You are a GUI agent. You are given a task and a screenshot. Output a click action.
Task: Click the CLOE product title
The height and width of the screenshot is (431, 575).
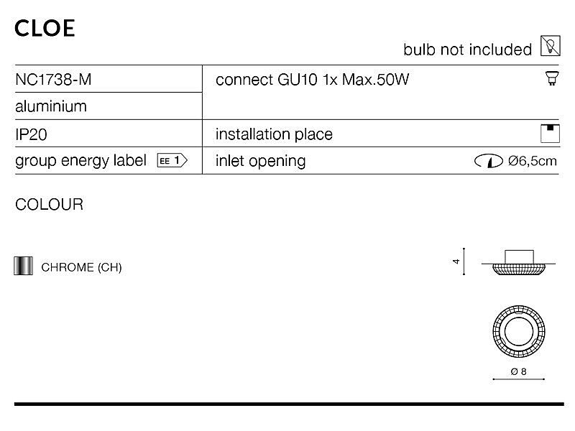click(x=45, y=28)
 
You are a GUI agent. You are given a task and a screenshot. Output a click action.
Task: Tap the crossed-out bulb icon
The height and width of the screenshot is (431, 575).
click(x=551, y=46)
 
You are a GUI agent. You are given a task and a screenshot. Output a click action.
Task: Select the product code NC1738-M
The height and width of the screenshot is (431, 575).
click(x=53, y=80)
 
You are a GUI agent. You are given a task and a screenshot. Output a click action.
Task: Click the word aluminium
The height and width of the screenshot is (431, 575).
click(x=51, y=106)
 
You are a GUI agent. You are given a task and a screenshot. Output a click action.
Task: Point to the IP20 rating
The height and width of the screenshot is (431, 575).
click(x=31, y=134)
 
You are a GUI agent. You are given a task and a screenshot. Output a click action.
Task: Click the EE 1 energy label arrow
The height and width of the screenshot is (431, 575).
click(x=172, y=160)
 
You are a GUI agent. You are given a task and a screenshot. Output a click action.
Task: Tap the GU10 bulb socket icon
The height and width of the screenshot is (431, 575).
click(x=552, y=78)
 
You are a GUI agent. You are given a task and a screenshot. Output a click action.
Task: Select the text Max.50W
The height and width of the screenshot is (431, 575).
click(x=375, y=80)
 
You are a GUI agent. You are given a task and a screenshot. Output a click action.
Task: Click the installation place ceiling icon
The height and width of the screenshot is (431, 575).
click(x=550, y=134)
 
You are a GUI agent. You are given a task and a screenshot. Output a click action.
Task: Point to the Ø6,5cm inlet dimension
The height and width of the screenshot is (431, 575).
click(x=533, y=161)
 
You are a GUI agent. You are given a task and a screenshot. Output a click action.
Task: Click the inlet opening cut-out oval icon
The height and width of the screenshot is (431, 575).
click(x=489, y=161)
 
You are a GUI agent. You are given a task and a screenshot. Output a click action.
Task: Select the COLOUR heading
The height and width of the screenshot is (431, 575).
click(x=49, y=205)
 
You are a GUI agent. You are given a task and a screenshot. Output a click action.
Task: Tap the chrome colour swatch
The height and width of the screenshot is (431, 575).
click(x=23, y=266)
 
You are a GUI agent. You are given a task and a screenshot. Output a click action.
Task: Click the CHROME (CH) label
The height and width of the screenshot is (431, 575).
click(x=81, y=267)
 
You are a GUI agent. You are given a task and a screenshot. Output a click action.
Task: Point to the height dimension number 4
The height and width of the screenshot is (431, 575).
click(x=456, y=261)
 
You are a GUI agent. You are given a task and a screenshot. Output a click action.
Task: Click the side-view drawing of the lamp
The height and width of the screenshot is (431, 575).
click(x=518, y=263)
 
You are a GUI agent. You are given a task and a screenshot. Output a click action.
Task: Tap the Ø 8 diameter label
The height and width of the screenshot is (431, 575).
click(x=518, y=371)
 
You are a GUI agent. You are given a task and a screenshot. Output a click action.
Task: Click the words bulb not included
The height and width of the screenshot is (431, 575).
click(x=468, y=50)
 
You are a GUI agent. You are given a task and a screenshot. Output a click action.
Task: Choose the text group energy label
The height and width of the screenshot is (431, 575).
click(x=80, y=161)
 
